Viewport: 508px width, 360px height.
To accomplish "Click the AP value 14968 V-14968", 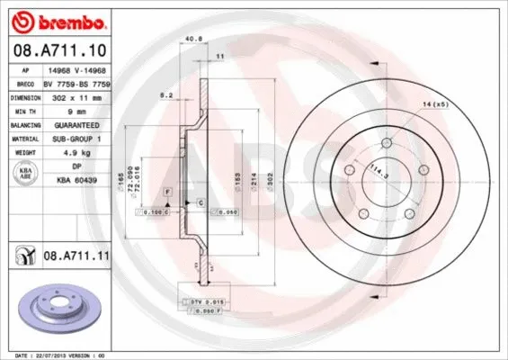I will [88, 69].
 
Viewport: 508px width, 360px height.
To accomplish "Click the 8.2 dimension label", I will [165, 94].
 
